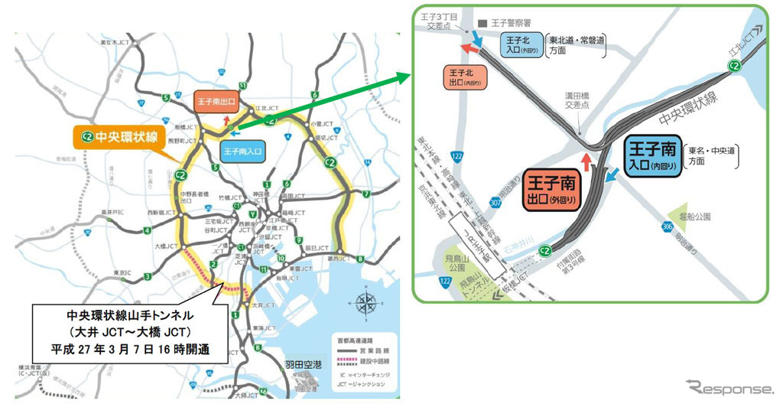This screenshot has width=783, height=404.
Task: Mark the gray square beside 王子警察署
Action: pos(482,22)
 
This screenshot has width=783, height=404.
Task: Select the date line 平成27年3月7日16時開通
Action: pos(125,352)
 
